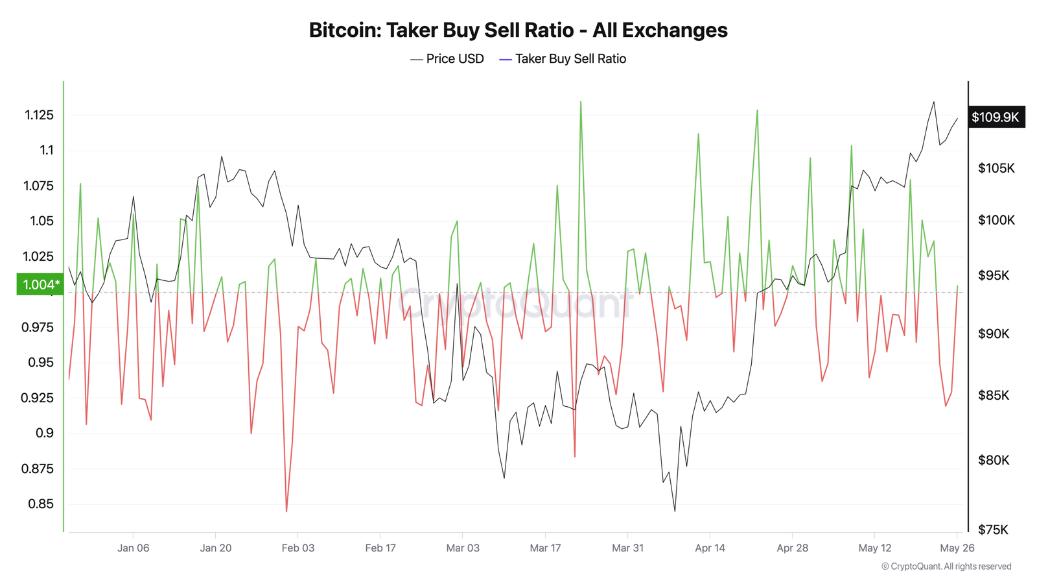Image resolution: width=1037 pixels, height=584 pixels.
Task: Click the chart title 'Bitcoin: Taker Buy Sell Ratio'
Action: tap(518, 30)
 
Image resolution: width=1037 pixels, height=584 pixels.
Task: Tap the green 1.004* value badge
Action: tap(40, 284)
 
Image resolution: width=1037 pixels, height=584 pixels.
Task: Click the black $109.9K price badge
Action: tap(996, 117)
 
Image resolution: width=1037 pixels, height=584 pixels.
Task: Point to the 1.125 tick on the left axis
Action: tap(39, 116)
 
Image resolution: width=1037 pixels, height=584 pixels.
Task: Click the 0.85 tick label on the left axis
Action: tap(41, 504)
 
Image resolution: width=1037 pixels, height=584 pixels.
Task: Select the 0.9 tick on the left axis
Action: tap(45, 433)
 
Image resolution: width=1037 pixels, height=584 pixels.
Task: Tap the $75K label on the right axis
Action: tap(993, 530)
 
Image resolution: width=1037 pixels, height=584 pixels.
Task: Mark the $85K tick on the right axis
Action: tap(993, 396)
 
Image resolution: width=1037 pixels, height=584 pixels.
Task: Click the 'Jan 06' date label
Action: tap(133, 548)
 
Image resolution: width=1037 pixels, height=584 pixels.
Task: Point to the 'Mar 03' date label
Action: tap(463, 548)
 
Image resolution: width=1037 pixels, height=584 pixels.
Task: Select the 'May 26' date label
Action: tap(957, 548)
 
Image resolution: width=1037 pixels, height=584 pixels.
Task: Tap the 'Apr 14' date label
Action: tap(710, 548)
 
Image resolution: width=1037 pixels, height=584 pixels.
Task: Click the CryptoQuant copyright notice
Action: tap(946, 566)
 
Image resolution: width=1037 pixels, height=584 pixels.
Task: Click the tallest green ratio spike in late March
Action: tap(581, 102)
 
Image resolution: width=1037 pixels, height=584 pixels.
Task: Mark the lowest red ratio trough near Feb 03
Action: tap(286, 511)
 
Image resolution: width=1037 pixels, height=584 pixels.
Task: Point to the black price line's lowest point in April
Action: tap(675, 511)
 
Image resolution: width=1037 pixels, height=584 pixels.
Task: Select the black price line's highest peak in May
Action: tap(933, 102)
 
